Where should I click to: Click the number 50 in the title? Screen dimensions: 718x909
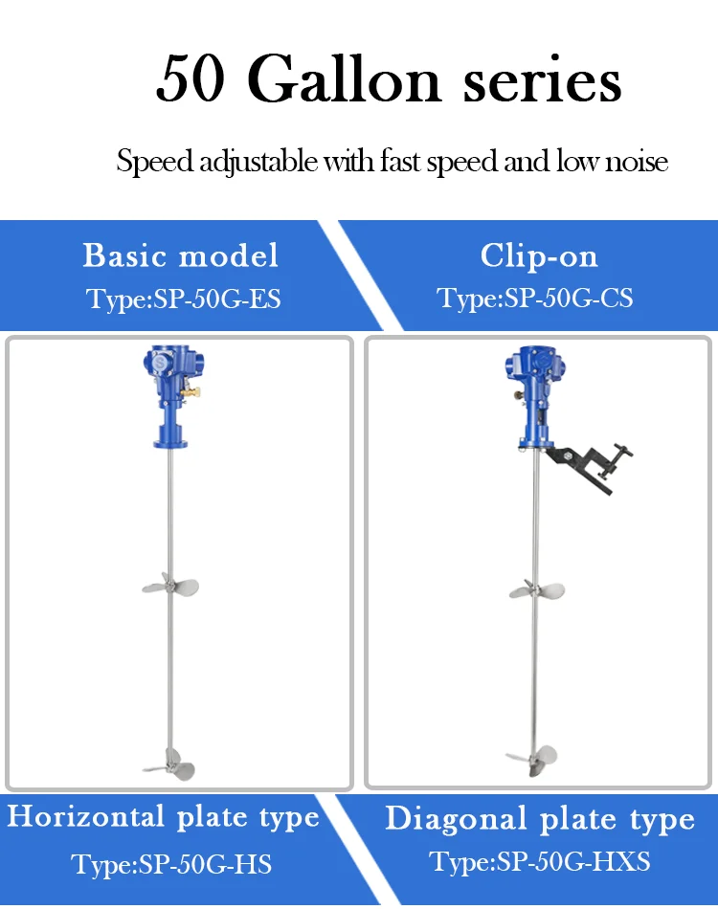click(x=191, y=78)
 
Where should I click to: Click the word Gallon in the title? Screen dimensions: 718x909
click(x=345, y=78)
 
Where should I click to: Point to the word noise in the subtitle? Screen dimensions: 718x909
click(x=637, y=162)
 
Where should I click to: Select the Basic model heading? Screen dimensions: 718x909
click(x=180, y=255)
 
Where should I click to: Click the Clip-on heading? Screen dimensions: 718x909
click(x=539, y=256)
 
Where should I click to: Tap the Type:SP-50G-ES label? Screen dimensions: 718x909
click(x=183, y=299)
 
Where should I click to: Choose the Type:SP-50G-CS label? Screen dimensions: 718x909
click(x=534, y=299)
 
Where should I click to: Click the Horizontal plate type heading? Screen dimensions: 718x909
click(x=163, y=817)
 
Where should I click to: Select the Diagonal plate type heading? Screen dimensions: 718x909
click(x=540, y=820)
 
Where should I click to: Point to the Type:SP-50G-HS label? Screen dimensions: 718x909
click(x=171, y=865)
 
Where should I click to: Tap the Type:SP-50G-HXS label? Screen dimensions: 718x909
click(x=539, y=862)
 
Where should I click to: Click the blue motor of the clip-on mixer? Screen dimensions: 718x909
click(x=534, y=398)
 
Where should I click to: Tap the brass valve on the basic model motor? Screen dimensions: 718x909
click(x=190, y=392)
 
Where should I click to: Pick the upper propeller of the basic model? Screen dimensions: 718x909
click(x=170, y=585)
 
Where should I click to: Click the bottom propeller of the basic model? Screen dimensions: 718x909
click(x=170, y=765)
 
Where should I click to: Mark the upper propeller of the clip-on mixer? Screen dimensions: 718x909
click(x=536, y=590)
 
